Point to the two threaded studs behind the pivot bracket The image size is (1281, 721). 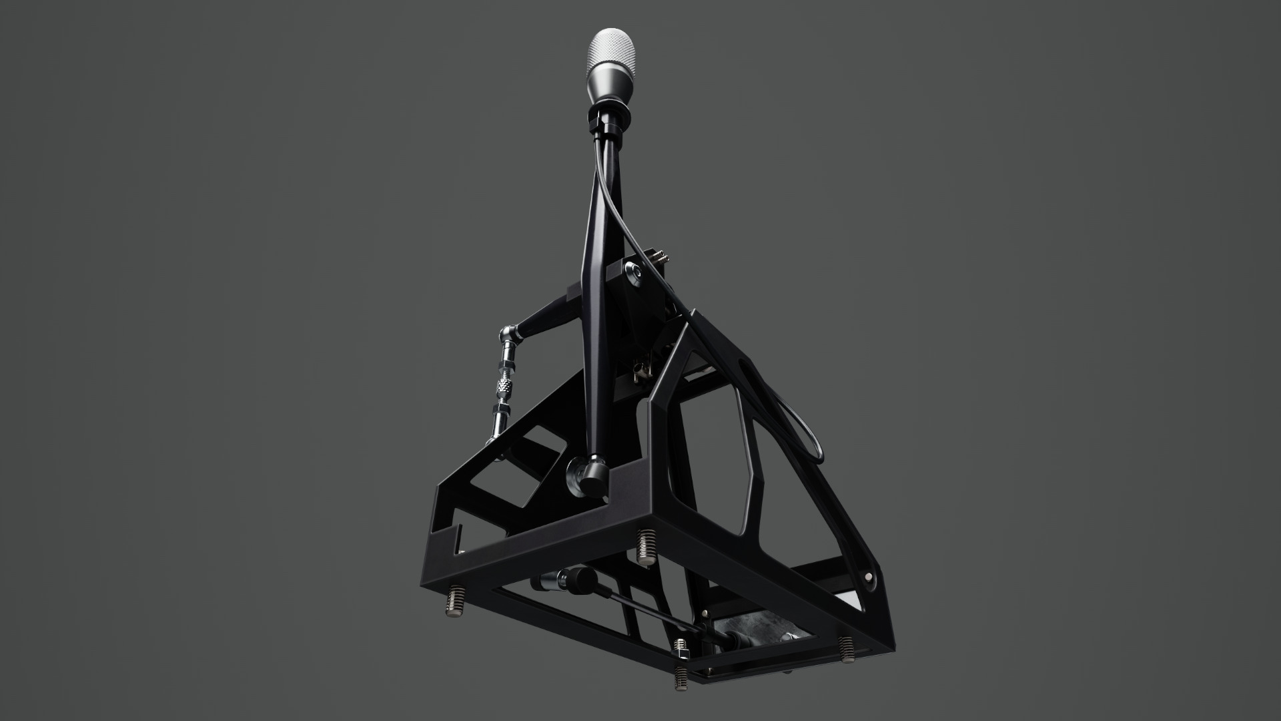(661, 257)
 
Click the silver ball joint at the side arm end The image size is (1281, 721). (511, 332)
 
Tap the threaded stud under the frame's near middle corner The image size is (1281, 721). (647, 545)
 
